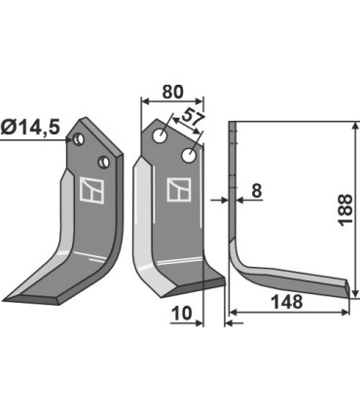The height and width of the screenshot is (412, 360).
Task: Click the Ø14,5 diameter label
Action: (30, 128)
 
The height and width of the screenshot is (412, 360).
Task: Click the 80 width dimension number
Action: (172, 92)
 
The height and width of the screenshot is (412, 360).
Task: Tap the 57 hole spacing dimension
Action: (193, 119)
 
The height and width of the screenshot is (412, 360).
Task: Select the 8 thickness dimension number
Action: (256, 191)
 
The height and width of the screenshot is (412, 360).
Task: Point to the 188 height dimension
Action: (345, 209)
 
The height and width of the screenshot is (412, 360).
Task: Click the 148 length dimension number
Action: (287, 302)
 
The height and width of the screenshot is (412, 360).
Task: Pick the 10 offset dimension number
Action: (182, 314)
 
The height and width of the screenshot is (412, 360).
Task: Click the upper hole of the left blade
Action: (79, 139)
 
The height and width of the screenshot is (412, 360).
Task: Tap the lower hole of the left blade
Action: (104, 162)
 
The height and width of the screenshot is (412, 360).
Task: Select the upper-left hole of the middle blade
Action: (161, 135)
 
